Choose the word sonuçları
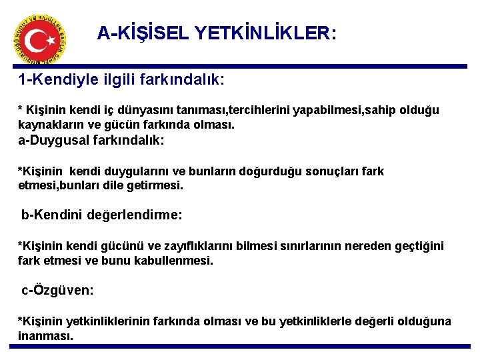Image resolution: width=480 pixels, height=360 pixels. [323, 171]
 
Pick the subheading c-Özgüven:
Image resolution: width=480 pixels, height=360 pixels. [58, 291]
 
